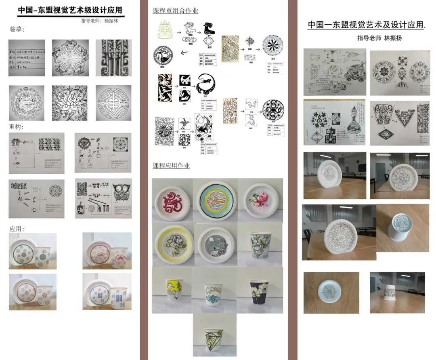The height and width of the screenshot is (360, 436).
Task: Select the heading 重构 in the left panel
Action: (17, 126)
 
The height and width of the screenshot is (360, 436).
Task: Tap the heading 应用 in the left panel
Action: (17, 229)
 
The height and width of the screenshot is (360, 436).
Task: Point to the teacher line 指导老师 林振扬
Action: (379, 38)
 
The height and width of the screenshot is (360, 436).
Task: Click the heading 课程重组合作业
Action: (175, 11)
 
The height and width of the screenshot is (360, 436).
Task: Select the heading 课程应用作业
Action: (171, 166)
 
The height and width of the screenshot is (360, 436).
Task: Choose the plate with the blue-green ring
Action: (216, 201)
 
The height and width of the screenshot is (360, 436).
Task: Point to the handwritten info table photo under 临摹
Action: (27, 58)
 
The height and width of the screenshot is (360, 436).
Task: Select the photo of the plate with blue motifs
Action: (107, 292)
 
